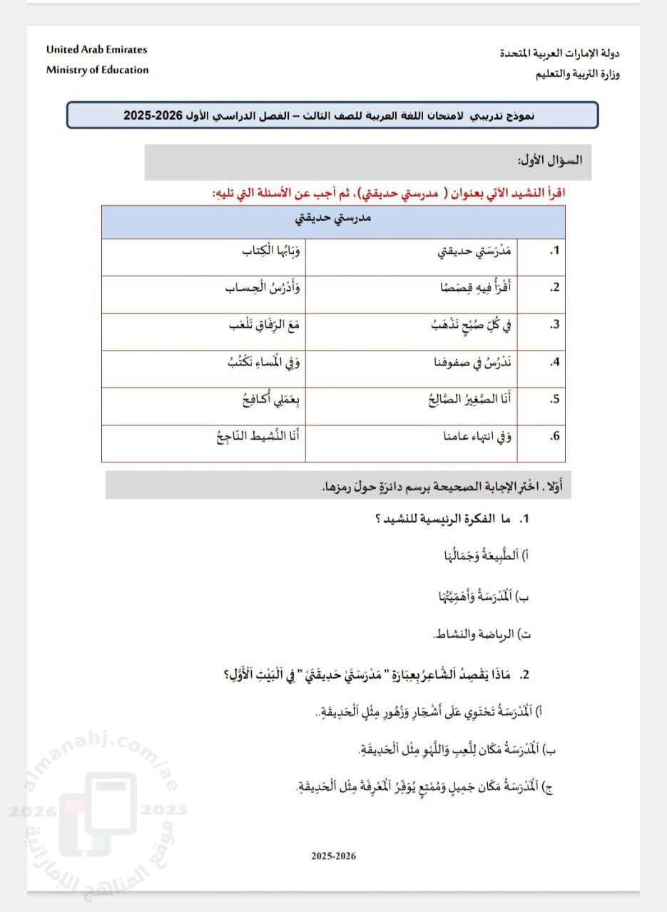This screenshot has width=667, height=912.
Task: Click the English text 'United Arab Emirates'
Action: coord(96,50)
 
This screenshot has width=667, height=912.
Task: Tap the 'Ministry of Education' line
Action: coord(98,70)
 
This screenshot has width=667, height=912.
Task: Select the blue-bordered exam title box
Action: coord(332,115)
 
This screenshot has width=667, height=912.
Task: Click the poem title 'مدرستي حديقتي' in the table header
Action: coord(333,219)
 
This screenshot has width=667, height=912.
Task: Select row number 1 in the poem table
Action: coord(554,252)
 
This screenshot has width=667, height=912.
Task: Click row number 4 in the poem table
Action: coord(554,363)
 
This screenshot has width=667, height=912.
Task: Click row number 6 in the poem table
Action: coord(554,437)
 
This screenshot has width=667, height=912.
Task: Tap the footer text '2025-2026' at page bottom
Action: coord(333,856)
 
